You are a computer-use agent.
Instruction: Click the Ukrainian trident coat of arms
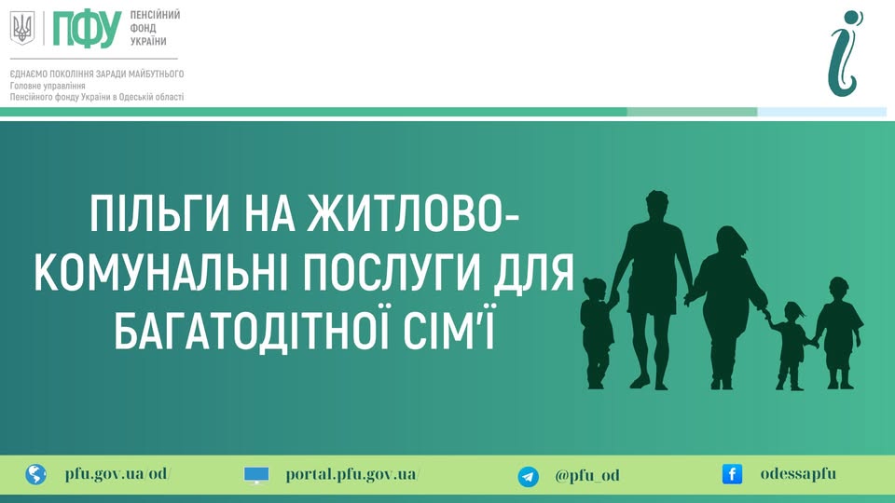pos(22,28)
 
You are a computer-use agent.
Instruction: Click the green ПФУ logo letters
pos(87,29)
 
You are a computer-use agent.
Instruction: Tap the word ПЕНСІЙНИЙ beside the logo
pos(155,15)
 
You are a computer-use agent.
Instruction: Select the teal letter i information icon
pos(846,53)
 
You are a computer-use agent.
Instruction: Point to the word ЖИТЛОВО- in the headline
pos(413,213)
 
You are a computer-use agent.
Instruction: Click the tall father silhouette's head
pos(656,205)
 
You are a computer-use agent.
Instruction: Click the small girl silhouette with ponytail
pos(791,346)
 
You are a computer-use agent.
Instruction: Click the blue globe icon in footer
pos(35,474)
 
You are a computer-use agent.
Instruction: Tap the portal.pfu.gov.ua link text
pos(352,474)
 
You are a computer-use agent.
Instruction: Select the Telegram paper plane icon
pos(528,476)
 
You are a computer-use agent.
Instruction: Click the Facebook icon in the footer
pos(733,474)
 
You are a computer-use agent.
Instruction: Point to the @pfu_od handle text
pos(587,475)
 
